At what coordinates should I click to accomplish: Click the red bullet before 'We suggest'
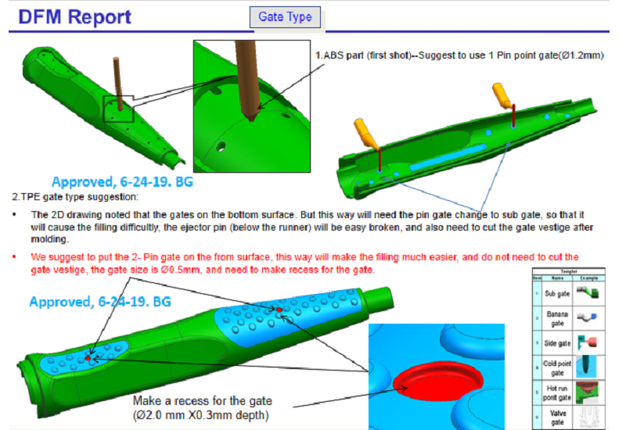[x=15, y=256]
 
